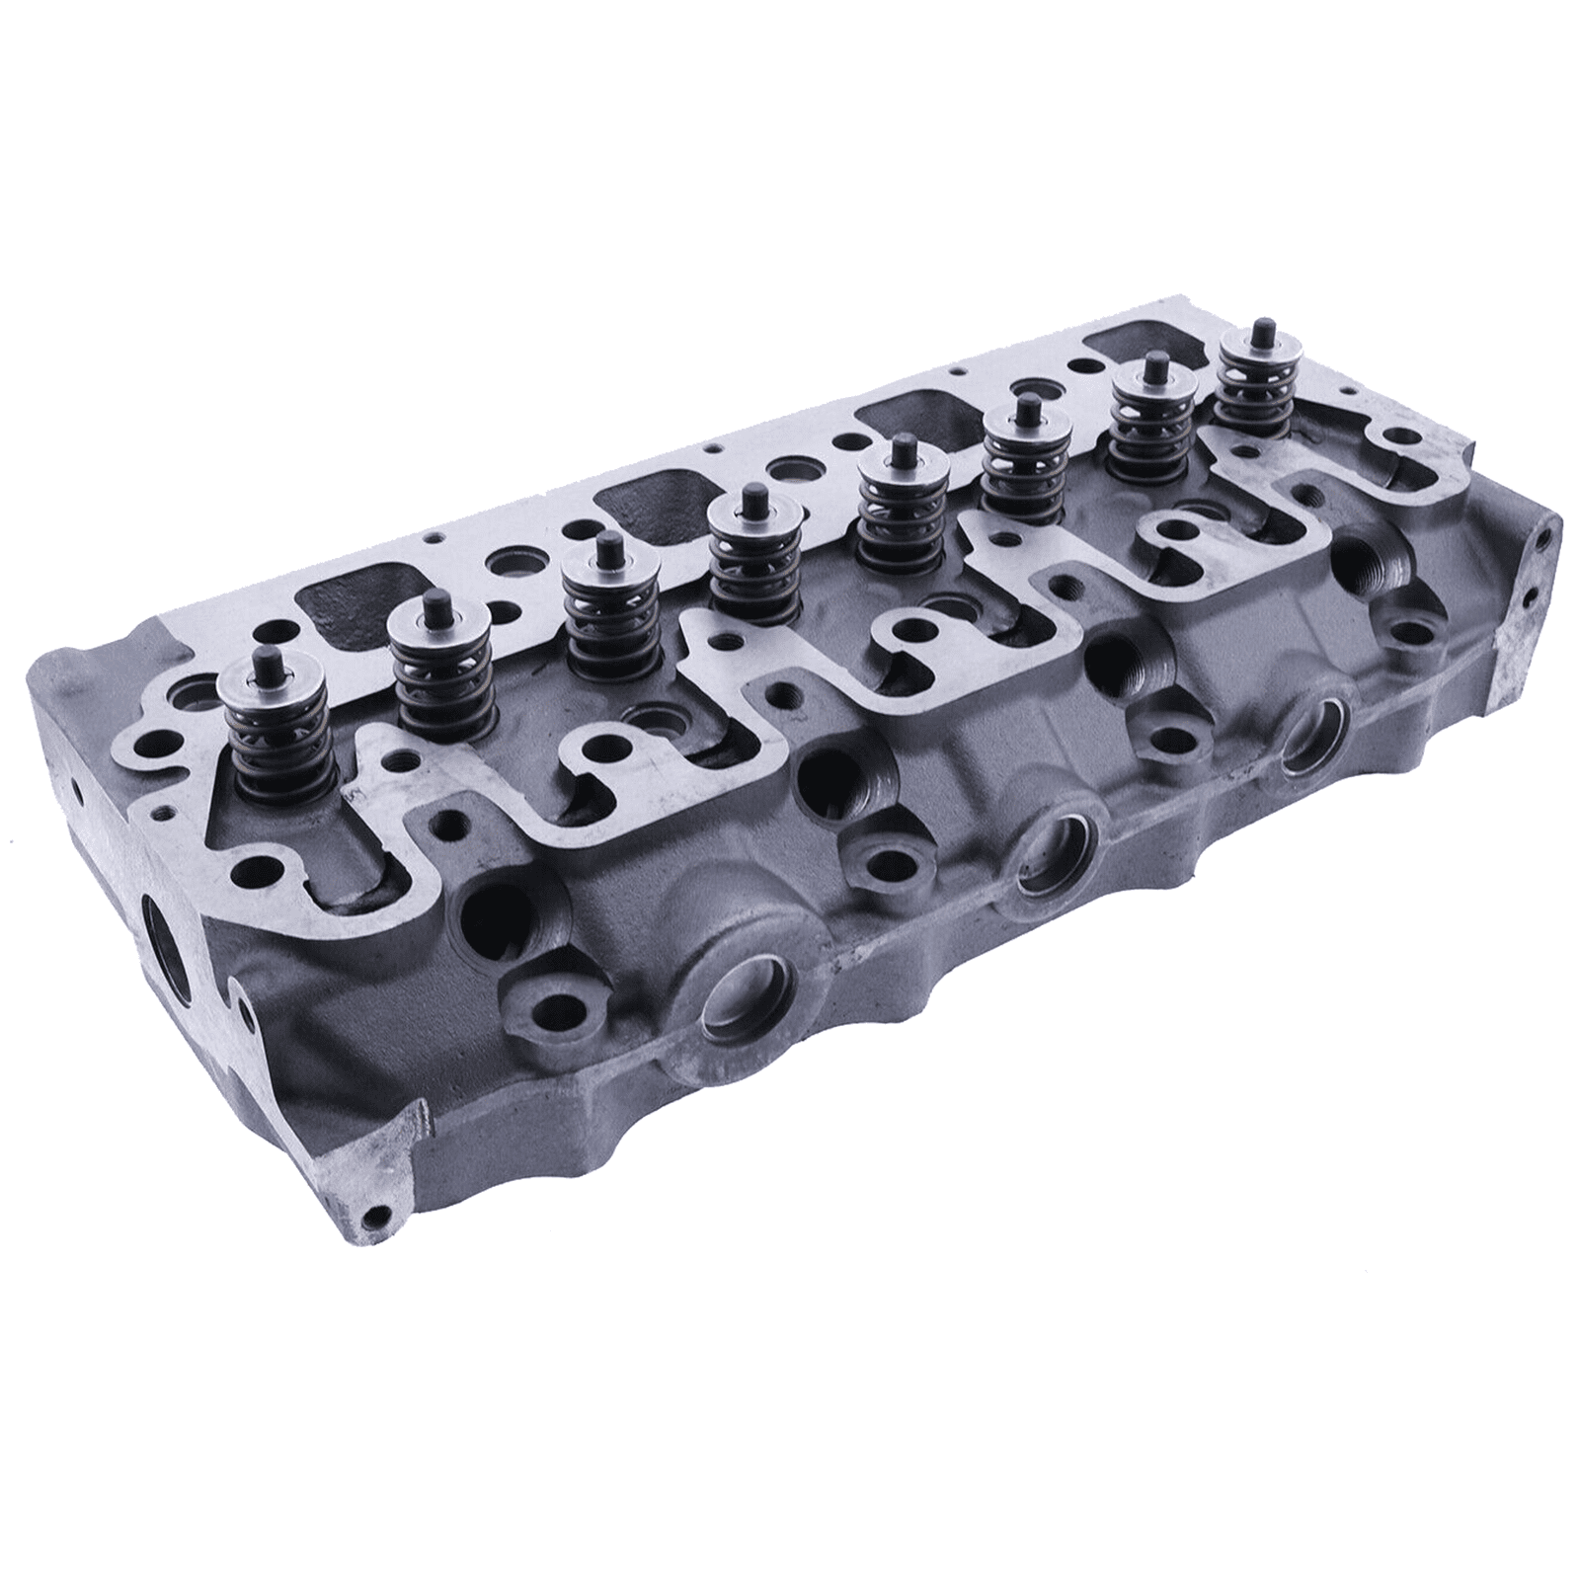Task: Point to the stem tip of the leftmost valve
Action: pyautogui.click(x=265, y=659)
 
